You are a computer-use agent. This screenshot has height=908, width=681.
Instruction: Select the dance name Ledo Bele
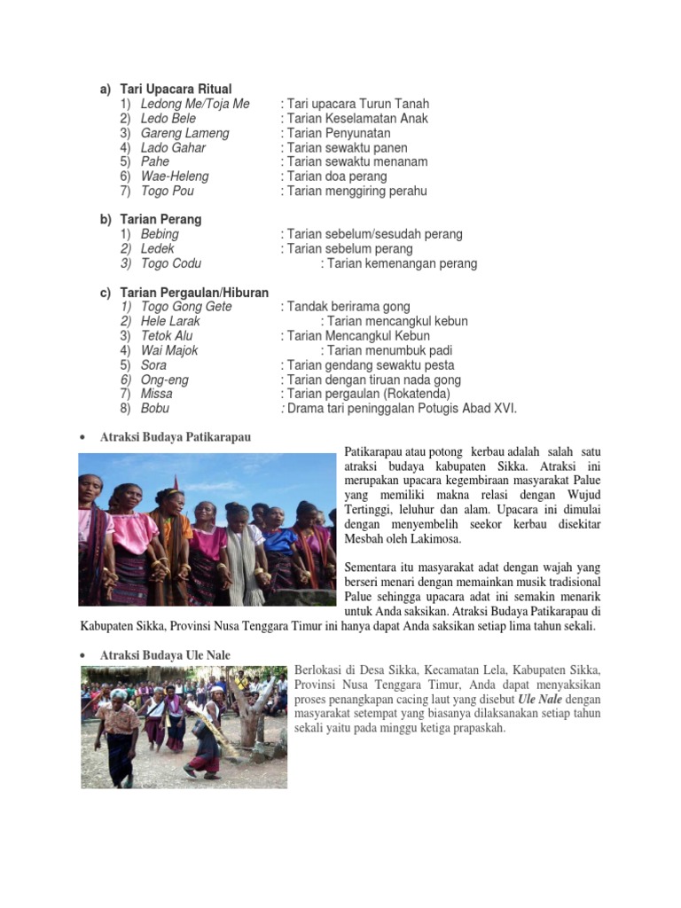168,118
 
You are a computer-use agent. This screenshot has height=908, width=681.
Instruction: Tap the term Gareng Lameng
184,133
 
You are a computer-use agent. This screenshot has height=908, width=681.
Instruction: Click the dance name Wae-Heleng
175,176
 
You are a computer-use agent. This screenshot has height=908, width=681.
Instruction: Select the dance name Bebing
160,234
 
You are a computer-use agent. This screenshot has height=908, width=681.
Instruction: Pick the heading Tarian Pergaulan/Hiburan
194,292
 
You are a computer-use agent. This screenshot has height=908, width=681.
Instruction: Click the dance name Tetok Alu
167,336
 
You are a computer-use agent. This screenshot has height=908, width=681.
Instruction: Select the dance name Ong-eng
165,380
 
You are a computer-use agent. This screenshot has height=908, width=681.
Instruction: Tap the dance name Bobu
155,409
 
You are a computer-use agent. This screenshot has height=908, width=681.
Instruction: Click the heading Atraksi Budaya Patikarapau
176,437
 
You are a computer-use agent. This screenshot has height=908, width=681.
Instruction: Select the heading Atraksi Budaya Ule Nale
165,655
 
